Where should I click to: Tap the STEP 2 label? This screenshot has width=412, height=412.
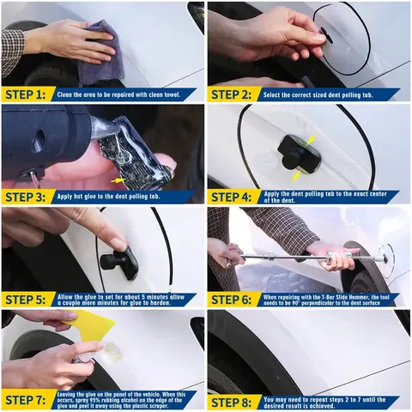[x=233, y=94]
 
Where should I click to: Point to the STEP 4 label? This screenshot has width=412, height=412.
[x=233, y=197]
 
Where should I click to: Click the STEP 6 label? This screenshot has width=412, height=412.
[x=233, y=299]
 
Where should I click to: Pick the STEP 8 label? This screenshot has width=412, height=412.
[x=233, y=399]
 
